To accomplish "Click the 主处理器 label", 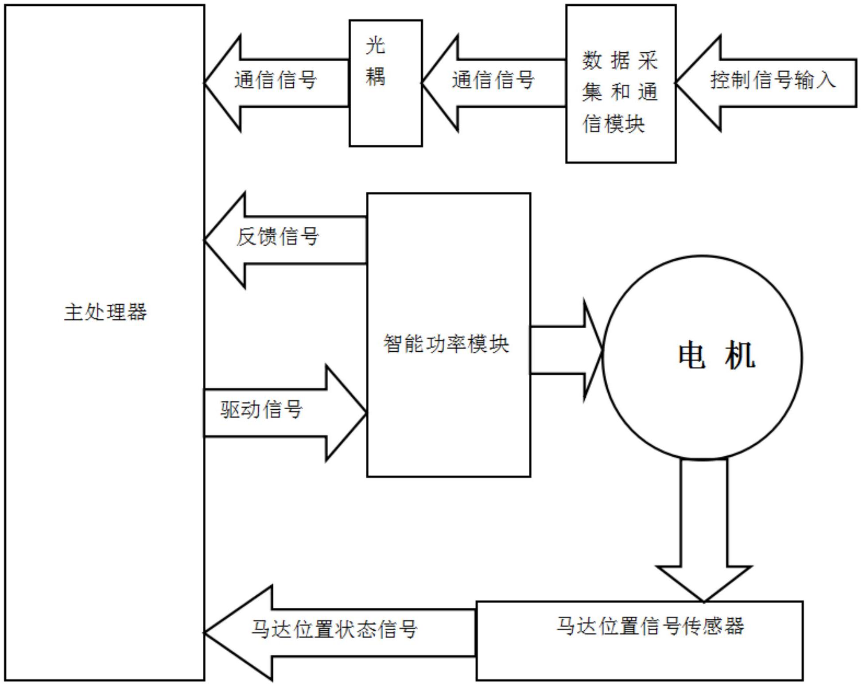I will tap(105, 312).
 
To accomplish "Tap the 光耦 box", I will tap(385, 83).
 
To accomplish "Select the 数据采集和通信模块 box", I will tap(620, 84).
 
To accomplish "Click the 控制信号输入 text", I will tap(773, 80).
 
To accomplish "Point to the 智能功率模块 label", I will tap(446, 344).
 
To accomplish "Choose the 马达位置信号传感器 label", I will tap(650, 626).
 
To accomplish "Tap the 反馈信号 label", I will tap(277, 237).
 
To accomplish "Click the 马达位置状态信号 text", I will tap(334, 629).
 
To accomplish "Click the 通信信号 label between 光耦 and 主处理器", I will tap(276, 80).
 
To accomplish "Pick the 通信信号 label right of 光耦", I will tap(493, 80).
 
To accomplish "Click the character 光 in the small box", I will tap(375, 46).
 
